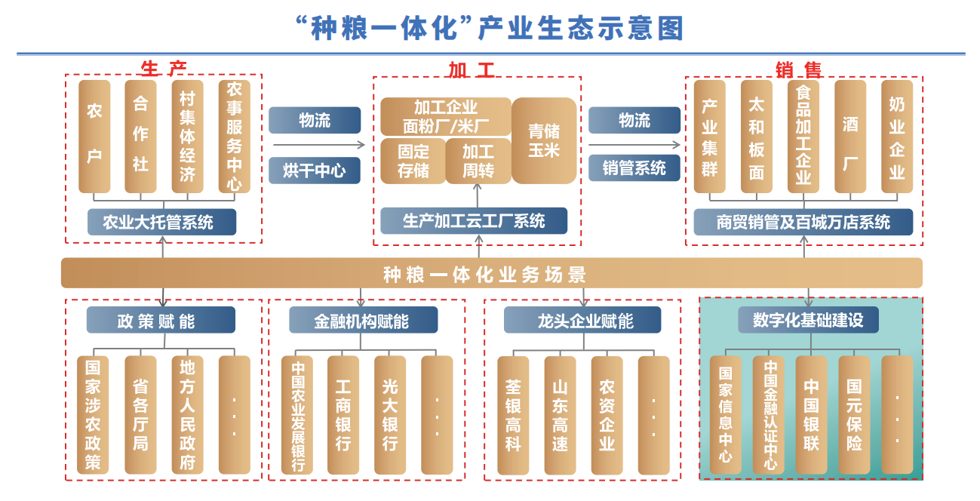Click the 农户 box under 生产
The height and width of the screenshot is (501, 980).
94,136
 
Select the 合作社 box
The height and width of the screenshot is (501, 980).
141,136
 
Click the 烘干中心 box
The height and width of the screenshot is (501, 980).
315,171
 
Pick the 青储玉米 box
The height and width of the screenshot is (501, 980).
544,140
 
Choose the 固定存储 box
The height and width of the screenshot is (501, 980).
413,161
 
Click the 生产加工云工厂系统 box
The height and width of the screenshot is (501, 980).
474,221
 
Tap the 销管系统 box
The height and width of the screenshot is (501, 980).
634,168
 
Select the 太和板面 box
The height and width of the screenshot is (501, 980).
756,136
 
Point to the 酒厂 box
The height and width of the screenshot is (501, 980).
850,136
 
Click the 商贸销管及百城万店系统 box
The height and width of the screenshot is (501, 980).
803,223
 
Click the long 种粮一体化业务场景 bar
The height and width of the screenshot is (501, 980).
491,273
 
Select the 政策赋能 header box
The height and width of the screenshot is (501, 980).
161,321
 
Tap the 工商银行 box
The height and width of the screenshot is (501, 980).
343,415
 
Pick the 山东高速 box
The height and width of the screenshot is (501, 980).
560,415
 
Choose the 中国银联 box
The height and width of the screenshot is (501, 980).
811,415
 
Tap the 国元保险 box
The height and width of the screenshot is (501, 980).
854,415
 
